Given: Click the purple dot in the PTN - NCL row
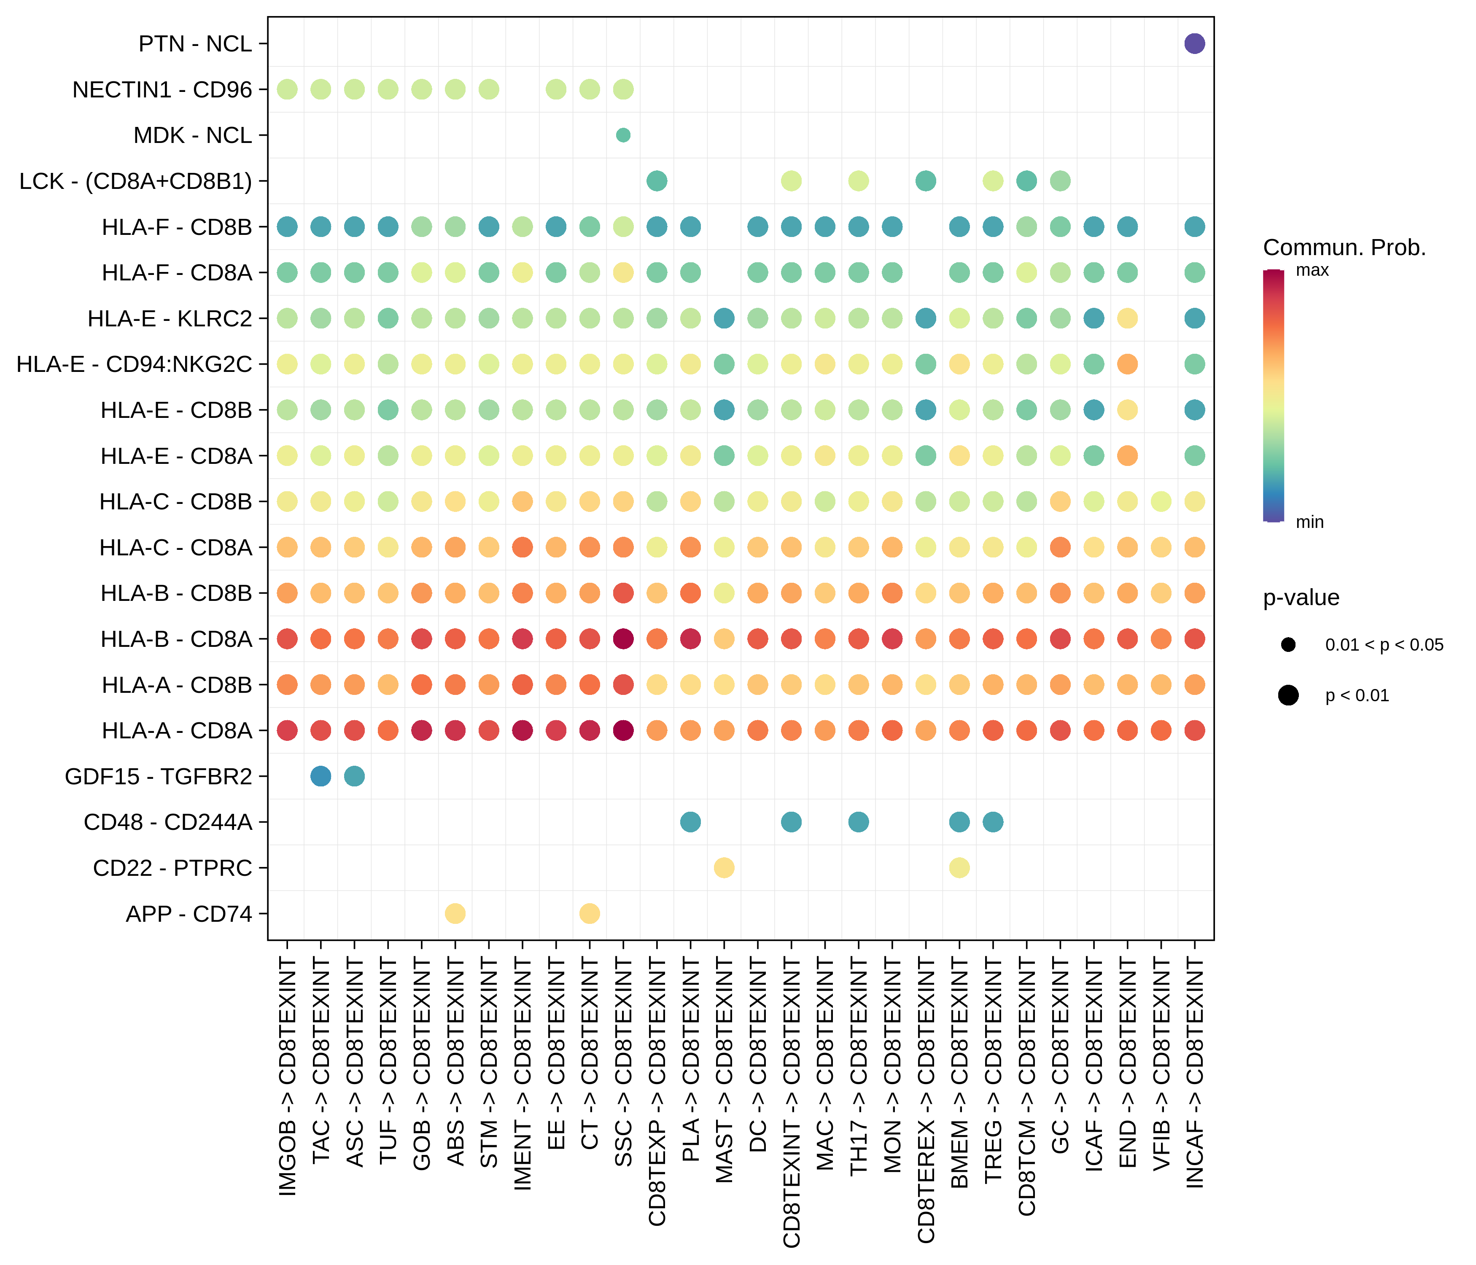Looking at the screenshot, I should click(x=1195, y=43).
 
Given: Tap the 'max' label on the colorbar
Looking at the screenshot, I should click(x=1312, y=271).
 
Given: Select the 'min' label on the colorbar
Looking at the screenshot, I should click(x=1309, y=522).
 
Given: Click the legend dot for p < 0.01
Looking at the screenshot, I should click(x=1288, y=695).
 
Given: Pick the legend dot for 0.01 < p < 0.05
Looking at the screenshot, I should click(x=1288, y=645).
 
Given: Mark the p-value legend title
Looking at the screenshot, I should click(x=1301, y=598).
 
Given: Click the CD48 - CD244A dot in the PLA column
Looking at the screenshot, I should click(x=690, y=822).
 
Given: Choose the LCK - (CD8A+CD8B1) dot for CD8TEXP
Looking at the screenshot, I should click(x=657, y=181).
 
